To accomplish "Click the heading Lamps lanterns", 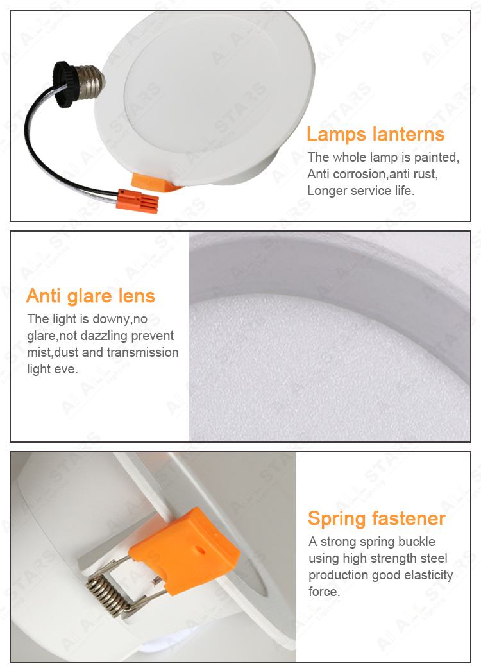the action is click(375, 134).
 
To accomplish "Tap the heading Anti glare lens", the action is click(90, 296).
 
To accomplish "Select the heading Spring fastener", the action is click(376, 518).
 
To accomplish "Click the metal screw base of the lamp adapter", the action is click(90, 81).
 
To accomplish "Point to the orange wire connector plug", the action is click(137, 201).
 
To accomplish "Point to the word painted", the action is click(436, 158).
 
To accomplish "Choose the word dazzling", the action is click(104, 336).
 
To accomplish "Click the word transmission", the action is click(142, 352).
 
